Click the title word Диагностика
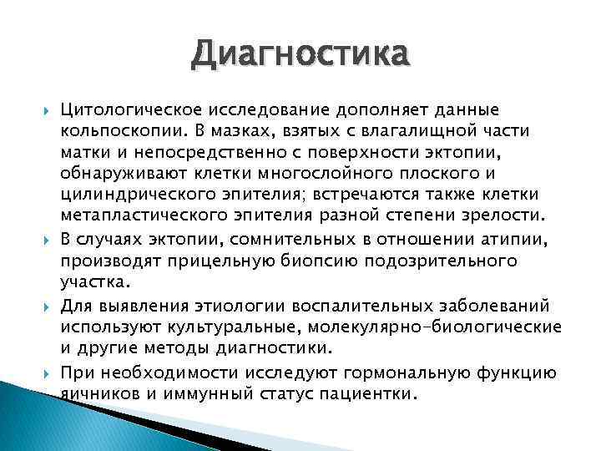[300, 56]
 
